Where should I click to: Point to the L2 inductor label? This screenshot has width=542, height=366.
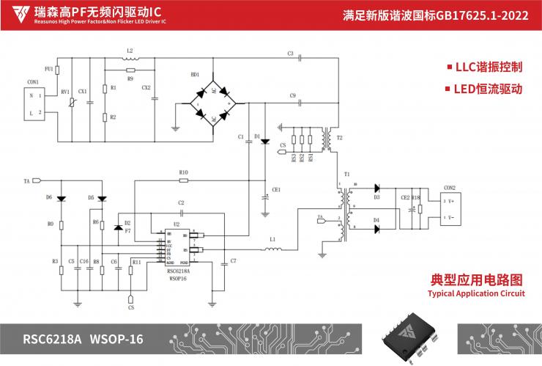[130, 51]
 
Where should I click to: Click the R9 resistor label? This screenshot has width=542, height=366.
[130, 77]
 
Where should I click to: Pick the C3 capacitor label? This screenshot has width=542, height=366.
[290, 54]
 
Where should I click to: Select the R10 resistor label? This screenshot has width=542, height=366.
[184, 172]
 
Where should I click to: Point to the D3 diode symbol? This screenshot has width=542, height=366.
[376, 189]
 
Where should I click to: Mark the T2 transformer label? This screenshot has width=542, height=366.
[339, 138]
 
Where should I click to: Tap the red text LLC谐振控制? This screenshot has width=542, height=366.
[488, 67]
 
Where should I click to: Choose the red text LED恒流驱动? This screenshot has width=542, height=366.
[488, 89]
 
